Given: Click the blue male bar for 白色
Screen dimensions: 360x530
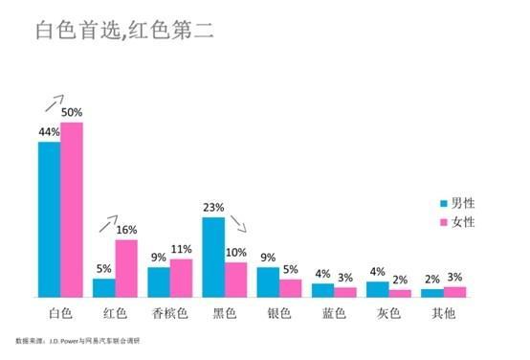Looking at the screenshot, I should (x=49, y=219).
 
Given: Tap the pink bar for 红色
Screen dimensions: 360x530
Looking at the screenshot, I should (x=126, y=267).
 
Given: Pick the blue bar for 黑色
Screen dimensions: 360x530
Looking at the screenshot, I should (x=213, y=257).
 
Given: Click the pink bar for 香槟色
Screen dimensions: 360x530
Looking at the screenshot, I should (x=182, y=277).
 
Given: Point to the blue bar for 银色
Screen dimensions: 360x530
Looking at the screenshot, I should (x=269, y=281).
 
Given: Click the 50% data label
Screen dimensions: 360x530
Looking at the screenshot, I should (x=73, y=114).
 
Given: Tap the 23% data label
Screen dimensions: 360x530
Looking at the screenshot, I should (x=213, y=207).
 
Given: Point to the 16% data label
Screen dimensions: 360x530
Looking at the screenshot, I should (x=127, y=230).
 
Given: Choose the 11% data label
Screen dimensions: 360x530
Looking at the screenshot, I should (x=182, y=249).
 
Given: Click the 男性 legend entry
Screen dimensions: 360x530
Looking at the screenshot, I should (x=455, y=203).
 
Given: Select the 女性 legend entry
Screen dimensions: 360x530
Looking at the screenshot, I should (x=455, y=222).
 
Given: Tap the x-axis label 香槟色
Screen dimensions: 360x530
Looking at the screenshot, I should (x=170, y=313).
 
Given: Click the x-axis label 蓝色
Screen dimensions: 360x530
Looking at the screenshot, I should (x=334, y=313).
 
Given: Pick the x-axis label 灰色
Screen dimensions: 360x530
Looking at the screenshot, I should (x=389, y=313).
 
